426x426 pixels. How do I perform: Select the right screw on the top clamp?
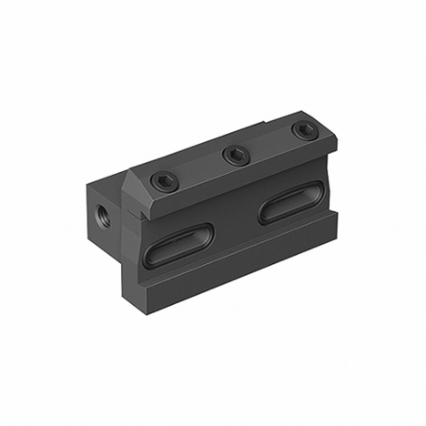click(x=298, y=130)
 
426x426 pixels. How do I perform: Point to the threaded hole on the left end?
click(x=100, y=197)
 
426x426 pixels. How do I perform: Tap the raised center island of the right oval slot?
click(x=289, y=201)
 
